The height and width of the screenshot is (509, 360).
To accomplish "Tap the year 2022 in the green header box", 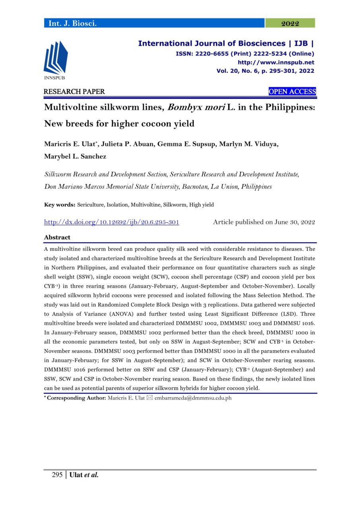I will click(x=290, y=24).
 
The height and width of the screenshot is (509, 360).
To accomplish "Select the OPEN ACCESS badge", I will click(x=292, y=92).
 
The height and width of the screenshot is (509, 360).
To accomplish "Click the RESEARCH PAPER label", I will click(x=74, y=92).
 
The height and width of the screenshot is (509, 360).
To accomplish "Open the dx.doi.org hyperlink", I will click(x=111, y=222).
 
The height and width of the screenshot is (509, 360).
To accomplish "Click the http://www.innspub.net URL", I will click(x=276, y=62).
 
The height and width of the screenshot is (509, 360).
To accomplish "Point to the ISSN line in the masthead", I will click(x=245, y=54).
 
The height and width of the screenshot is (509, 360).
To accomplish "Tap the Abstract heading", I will click(x=57, y=237).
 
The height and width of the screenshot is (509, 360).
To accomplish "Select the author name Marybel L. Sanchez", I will click(x=75, y=156).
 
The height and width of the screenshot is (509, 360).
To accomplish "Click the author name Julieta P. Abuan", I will click(x=127, y=144).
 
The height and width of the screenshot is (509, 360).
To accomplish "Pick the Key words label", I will click(x=60, y=205).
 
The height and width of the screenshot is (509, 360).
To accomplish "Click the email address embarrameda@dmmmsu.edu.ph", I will click(x=193, y=398).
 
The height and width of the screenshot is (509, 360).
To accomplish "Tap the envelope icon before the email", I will click(x=150, y=398).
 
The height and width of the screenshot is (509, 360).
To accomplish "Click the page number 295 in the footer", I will click(x=57, y=475).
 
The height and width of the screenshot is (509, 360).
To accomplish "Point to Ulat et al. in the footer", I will click(x=84, y=475).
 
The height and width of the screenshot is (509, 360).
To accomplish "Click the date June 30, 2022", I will click(x=294, y=222).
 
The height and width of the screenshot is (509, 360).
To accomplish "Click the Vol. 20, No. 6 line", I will click(x=265, y=71).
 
